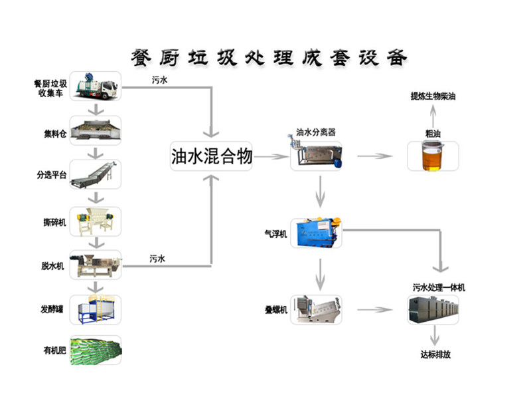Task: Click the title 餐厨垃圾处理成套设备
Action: (265, 56)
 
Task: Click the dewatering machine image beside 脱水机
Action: (97, 264)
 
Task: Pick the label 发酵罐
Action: (52, 309)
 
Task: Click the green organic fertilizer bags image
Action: (97, 349)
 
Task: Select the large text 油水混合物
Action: (211, 157)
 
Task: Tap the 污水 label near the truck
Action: (159, 80)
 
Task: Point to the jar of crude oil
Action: (433, 157)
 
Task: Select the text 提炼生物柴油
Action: (433, 96)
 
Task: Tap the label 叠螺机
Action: (275, 311)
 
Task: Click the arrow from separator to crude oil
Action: (374, 157)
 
